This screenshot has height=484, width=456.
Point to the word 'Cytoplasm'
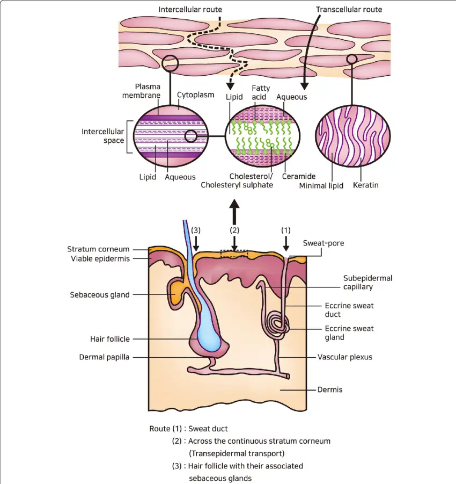click(x=195, y=95)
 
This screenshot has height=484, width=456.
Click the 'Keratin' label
click(x=365, y=185)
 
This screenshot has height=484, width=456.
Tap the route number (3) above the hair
click(x=196, y=230)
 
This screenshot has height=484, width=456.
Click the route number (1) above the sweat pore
click(x=286, y=230)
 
